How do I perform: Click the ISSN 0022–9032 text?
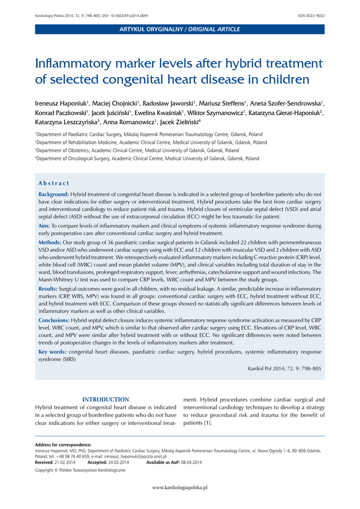tap(311, 16)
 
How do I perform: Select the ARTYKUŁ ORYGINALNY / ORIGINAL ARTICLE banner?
tap(180, 29)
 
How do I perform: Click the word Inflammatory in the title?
tap(69, 64)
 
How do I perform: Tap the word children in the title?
tap(285, 80)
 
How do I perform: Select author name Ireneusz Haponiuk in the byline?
tap(61, 103)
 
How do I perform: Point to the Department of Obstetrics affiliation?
tap(137, 150)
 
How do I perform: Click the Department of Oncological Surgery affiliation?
tap(147, 159)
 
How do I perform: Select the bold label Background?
tap(54, 194)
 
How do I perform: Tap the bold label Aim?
tap(44, 226)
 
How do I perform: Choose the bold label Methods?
tap(50, 242)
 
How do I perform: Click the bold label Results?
tap(48, 289)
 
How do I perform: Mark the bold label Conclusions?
tap(54, 320)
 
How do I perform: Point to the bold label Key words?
tap(52, 352)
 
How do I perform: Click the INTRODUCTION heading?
tap(105, 400)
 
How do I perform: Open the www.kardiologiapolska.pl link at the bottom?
tap(180, 488)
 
